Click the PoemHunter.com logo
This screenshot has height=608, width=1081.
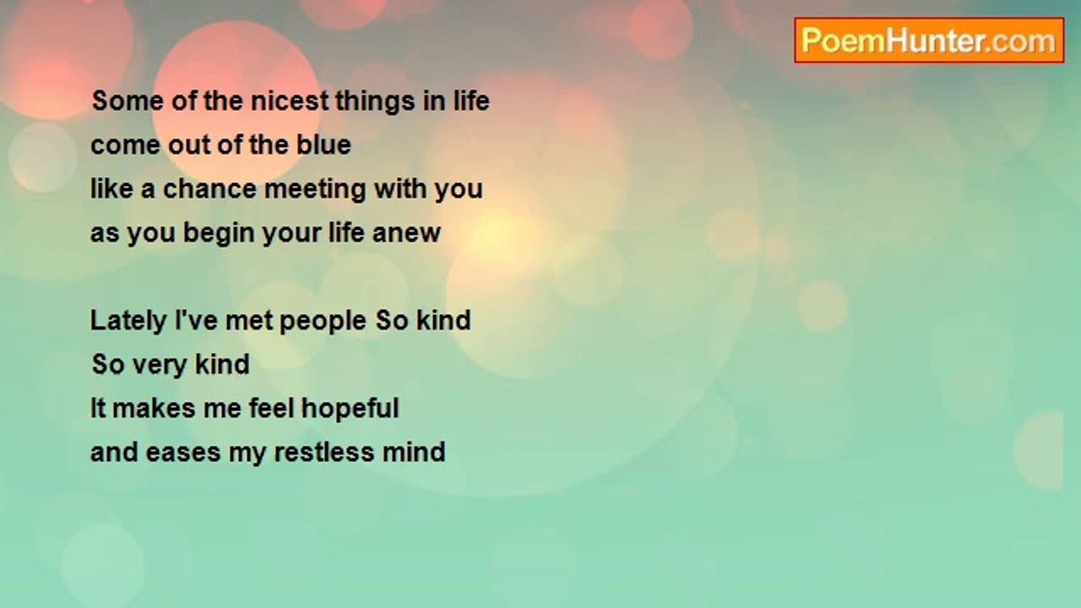tap(929, 41)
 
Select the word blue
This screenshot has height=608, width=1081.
tap(323, 144)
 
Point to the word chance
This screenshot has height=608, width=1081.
tap(209, 188)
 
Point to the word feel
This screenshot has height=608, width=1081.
tap(271, 408)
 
